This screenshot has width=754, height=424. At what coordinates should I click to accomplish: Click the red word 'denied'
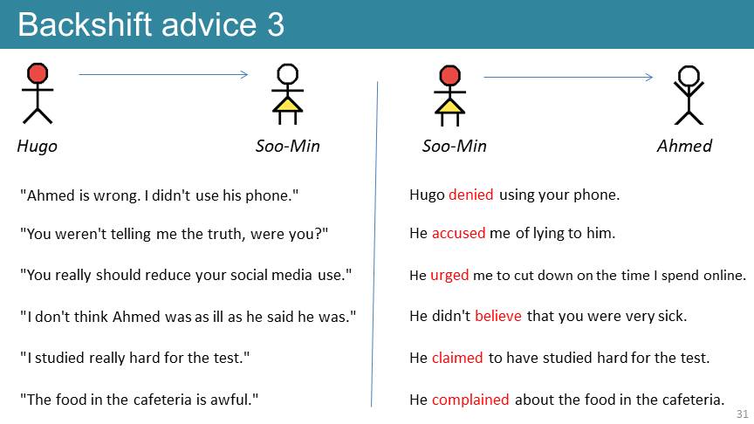470,195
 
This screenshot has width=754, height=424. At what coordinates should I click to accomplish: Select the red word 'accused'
458,233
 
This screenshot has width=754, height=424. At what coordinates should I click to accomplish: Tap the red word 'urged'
449,276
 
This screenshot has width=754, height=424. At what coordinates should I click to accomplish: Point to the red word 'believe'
497,316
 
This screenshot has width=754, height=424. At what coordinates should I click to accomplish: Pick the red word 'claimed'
456,358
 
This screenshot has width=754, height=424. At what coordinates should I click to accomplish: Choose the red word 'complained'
470,400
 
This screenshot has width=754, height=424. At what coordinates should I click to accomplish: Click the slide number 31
743,414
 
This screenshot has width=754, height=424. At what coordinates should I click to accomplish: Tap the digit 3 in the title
276,25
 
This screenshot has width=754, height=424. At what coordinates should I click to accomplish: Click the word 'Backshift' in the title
85,25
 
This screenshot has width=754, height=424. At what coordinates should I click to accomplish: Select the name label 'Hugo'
37,147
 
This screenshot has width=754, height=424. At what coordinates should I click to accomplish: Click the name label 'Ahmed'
684,147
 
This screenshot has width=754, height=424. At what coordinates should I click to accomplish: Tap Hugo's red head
38,73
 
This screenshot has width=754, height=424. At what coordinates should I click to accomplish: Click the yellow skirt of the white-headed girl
288,105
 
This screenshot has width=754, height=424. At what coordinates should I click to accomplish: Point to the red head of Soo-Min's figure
449,76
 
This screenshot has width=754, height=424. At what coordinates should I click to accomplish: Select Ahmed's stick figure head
689,76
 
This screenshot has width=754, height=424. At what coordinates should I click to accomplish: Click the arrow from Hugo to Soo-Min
163,74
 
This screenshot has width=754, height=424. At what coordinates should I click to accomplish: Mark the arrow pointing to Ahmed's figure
568,77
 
